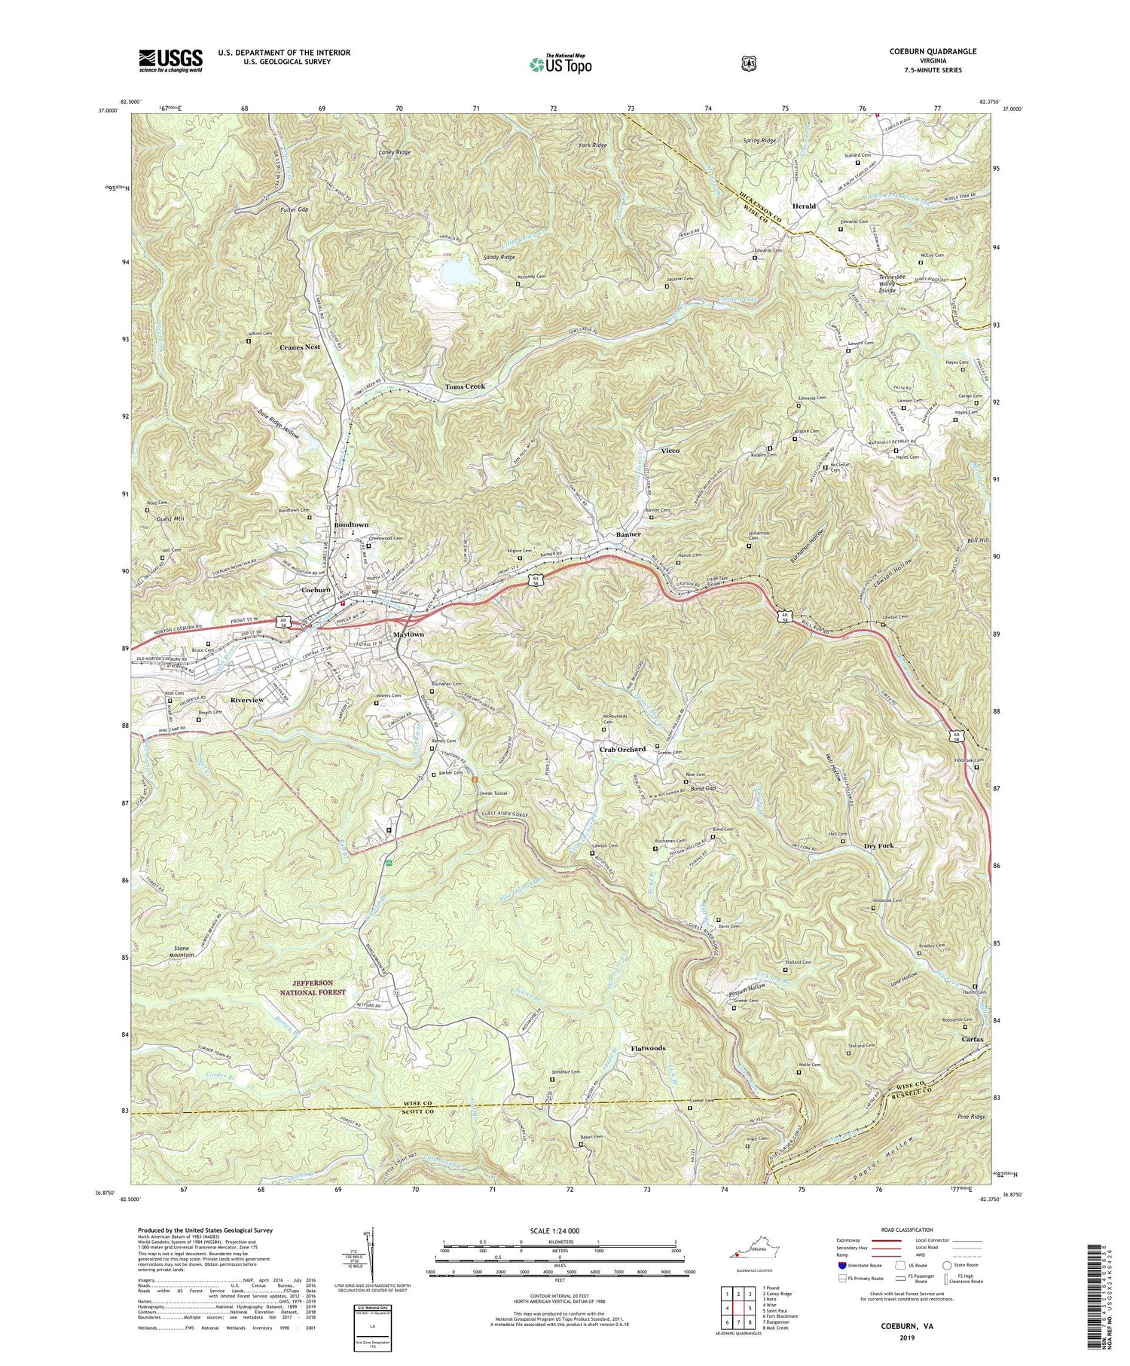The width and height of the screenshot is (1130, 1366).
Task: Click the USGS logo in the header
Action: point(170,60)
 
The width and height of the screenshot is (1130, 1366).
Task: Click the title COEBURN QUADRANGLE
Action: point(932,51)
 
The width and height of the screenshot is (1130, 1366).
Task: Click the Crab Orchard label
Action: point(622,749)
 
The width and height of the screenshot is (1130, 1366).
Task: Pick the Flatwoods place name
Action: point(648,1048)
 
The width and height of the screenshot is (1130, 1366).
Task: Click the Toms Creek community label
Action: point(465,386)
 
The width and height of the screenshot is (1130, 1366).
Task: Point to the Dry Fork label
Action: point(879,845)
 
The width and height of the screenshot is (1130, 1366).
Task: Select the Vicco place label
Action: point(670,450)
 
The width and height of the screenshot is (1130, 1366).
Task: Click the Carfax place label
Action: point(973,1039)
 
